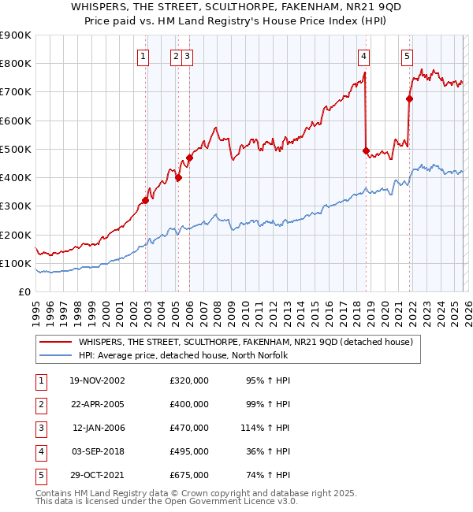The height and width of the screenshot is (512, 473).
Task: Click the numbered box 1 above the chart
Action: click(x=143, y=56)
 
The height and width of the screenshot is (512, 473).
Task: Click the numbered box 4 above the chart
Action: click(x=363, y=56)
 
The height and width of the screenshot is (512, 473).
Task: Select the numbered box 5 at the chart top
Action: click(x=407, y=56)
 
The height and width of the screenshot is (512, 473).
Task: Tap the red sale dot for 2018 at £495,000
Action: click(x=366, y=150)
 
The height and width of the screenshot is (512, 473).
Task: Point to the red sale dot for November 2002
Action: click(x=146, y=200)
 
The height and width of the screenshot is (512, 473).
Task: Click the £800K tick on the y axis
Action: click(x=15, y=64)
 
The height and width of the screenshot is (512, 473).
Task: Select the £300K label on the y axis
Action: click(x=15, y=206)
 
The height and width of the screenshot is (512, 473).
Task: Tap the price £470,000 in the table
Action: click(x=189, y=428)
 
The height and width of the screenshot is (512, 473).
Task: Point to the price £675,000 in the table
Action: click(x=189, y=475)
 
